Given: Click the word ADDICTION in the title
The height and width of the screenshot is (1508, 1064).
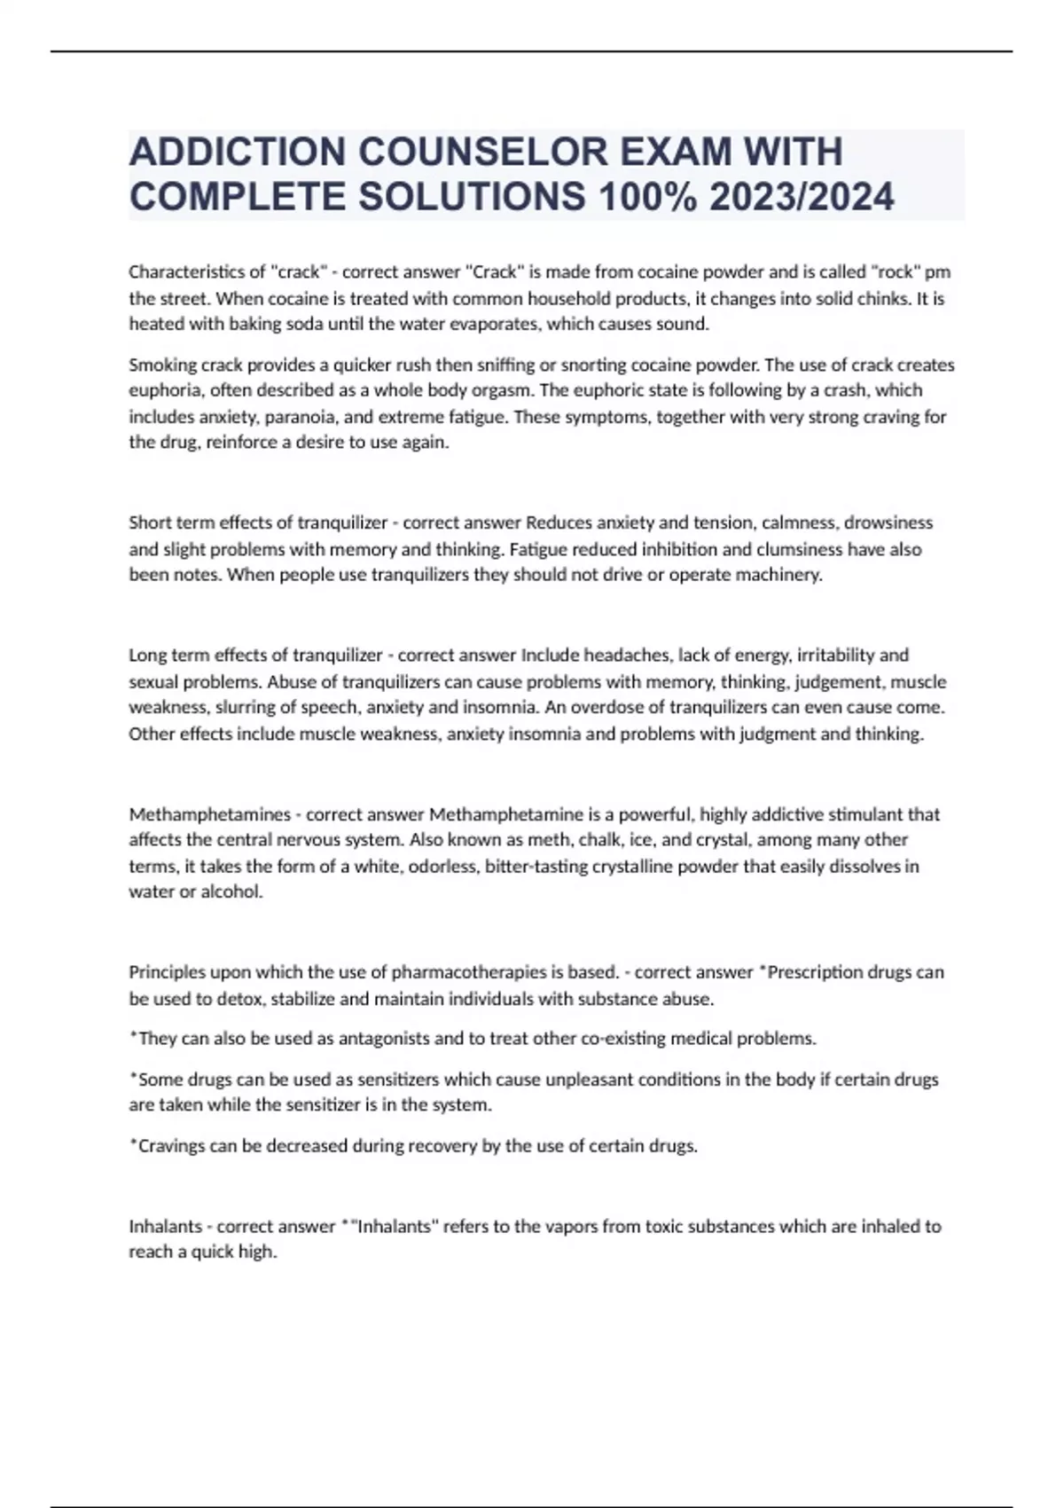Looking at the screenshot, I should pos(237,153).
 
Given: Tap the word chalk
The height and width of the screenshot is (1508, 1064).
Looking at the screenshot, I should pos(600,840).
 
